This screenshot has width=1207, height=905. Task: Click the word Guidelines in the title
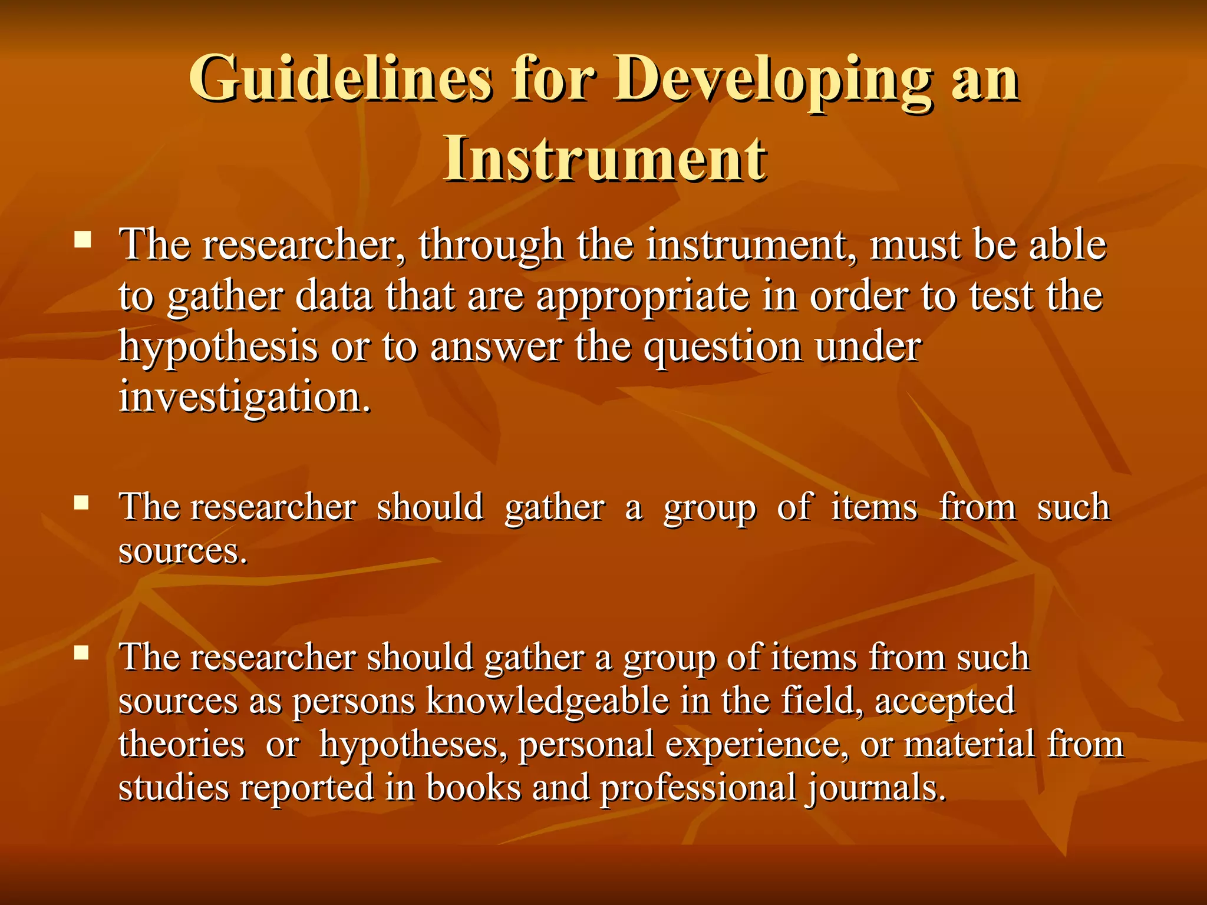tap(340, 79)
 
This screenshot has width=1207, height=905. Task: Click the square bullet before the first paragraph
tap(83, 239)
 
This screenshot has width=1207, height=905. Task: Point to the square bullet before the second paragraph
tap(82, 502)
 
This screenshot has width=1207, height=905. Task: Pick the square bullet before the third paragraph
tap(82, 652)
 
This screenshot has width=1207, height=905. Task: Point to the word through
tap(491, 246)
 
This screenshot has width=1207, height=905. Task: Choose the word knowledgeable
tap(547, 701)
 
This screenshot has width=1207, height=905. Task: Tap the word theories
tap(182, 744)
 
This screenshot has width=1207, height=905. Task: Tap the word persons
tap(354, 702)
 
